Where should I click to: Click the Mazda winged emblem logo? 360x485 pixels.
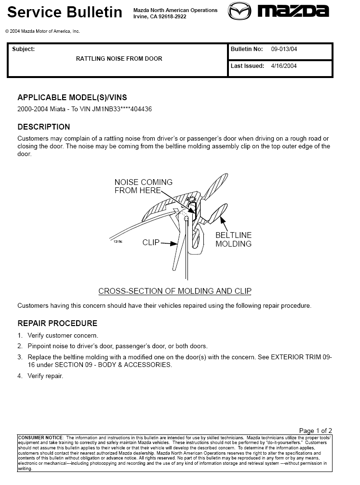pyautogui.click(x=240, y=11)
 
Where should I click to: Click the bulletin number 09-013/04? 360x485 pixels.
pyautogui.click(x=287, y=50)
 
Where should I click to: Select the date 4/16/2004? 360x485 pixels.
pyautogui.click(x=284, y=66)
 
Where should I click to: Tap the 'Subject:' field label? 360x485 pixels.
pyautogui.click(x=23, y=49)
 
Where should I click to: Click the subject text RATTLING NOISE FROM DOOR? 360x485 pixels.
pyautogui.click(x=119, y=59)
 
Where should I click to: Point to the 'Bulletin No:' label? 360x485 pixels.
pyautogui.click(x=247, y=50)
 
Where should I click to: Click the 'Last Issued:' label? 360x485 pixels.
pyautogui.click(x=247, y=66)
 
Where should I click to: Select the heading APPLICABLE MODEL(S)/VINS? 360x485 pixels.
pyautogui.click(x=72, y=97)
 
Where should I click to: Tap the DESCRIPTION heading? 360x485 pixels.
pyautogui.click(x=44, y=127)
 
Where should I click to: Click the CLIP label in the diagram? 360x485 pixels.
pyautogui.click(x=151, y=243)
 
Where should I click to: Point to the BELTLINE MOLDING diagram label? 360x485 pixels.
pyautogui.click(x=233, y=239)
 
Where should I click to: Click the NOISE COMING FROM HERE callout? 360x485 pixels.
pyautogui.click(x=143, y=186)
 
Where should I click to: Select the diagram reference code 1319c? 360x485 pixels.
pyautogui.click(x=118, y=241)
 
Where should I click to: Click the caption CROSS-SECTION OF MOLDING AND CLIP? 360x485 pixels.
pyautogui.click(x=174, y=291)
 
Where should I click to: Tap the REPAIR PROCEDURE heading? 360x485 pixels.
pyautogui.click(x=57, y=323)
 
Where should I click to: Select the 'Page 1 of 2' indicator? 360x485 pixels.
pyautogui.click(x=315, y=431)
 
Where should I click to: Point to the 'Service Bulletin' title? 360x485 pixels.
pyautogui.click(x=65, y=12)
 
